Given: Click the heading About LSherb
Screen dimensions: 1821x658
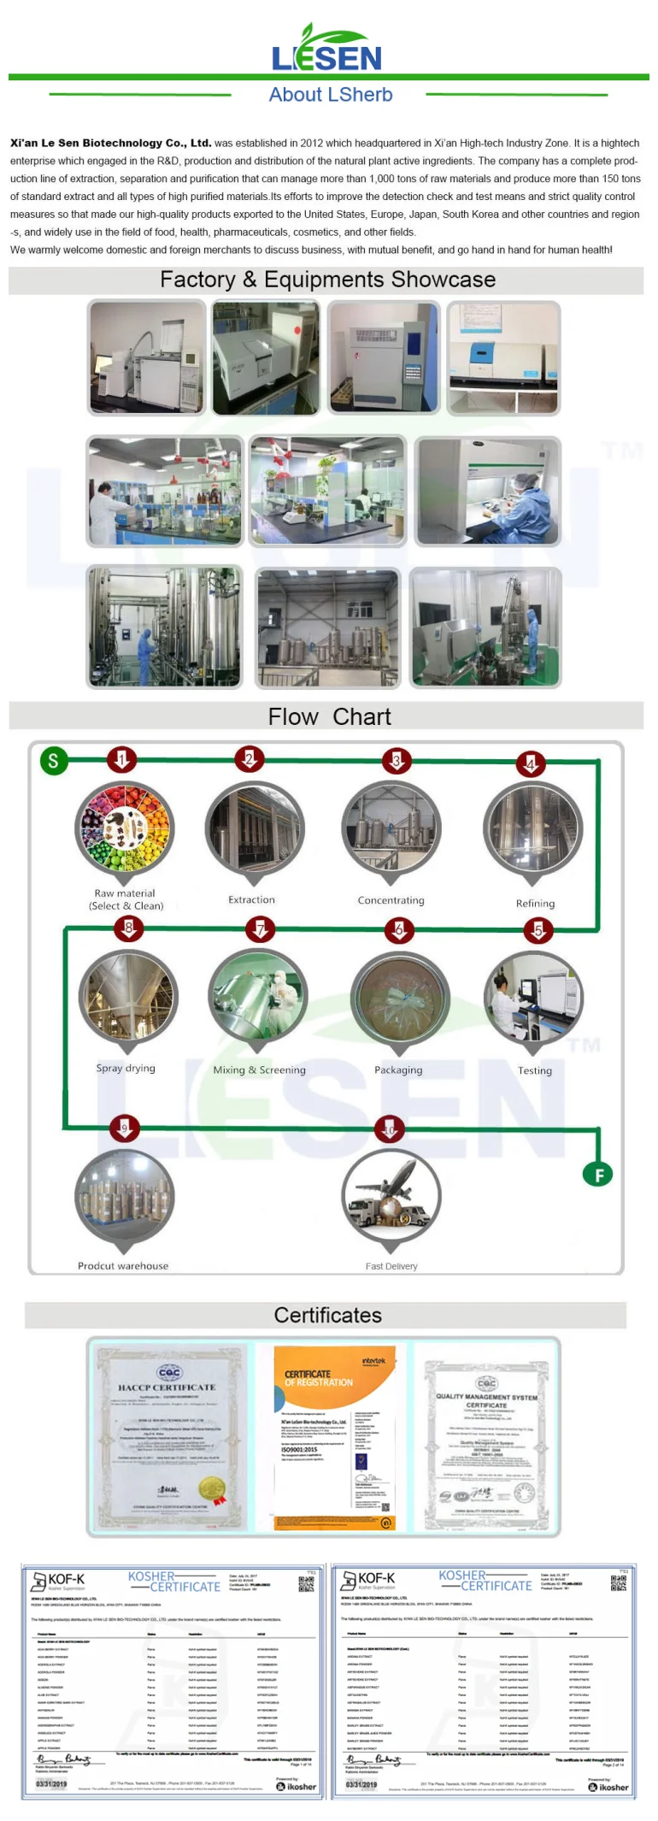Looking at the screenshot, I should [x=331, y=95].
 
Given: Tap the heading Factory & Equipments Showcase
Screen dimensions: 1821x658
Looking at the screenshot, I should [x=327, y=280].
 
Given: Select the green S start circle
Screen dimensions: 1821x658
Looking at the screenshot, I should [x=53, y=760].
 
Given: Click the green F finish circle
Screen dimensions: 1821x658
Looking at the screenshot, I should [x=598, y=1175].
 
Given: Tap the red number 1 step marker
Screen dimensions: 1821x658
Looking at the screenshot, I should [x=121, y=759].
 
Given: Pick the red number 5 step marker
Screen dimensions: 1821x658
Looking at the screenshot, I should [x=538, y=930].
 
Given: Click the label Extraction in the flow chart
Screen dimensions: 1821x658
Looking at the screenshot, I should [x=251, y=899].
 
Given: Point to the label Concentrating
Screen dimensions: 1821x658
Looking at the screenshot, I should [x=391, y=900].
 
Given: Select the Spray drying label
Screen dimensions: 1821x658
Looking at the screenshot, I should [x=126, y=1068].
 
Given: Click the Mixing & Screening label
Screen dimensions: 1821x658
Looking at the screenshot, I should [x=259, y=1070].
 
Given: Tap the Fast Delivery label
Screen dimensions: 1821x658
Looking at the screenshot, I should [x=391, y=1266].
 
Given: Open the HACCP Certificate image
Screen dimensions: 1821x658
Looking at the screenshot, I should [x=167, y=1436].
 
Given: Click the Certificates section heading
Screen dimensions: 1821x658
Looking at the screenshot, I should [x=327, y=1315].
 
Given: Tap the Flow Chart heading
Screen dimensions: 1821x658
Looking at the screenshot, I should [x=329, y=716].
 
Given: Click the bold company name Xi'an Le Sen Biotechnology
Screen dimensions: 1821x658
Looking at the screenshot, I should [x=110, y=143].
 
